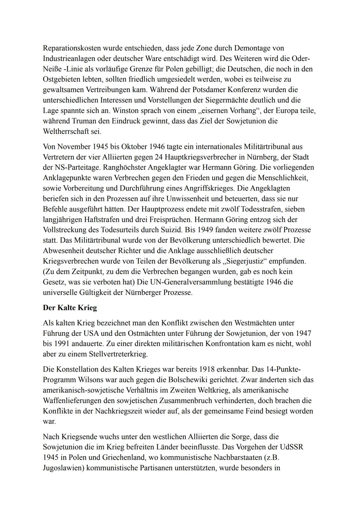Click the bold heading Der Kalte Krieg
[70, 307]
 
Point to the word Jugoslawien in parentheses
[63, 468]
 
